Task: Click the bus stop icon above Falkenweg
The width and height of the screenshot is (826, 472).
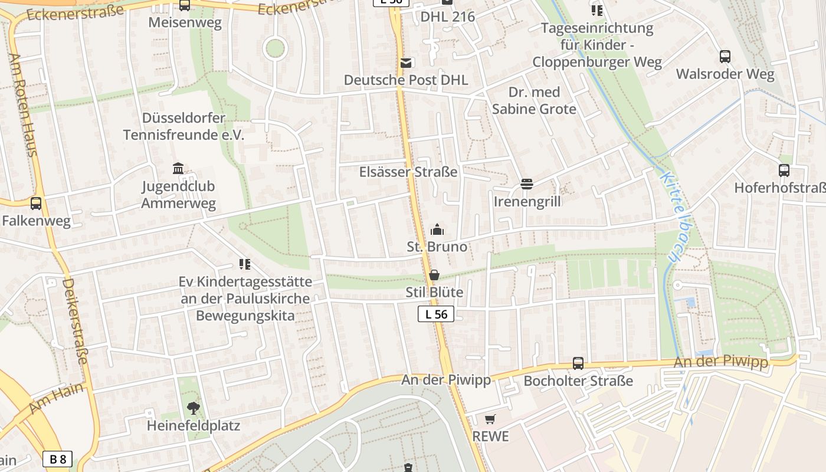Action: click(x=36, y=204)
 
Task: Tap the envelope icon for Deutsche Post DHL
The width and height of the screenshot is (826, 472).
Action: click(x=406, y=63)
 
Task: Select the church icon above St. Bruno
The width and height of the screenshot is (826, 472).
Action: click(x=437, y=230)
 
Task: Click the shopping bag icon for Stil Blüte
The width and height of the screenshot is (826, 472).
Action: click(x=434, y=275)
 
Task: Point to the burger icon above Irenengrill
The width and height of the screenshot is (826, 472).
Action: click(x=527, y=185)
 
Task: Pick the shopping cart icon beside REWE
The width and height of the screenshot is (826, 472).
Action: click(x=490, y=419)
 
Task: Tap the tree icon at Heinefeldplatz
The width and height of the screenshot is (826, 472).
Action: click(x=193, y=407)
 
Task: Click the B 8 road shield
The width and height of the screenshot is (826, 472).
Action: click(x=58, y=459)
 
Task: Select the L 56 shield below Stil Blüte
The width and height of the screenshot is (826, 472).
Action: click(x=436, y=314)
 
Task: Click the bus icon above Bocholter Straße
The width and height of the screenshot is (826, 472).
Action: click(x=578, y=363)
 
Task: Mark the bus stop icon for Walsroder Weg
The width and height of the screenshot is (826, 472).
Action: click(x=725, y=57)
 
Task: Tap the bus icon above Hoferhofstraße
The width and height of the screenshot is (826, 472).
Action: click(x=784, y=171)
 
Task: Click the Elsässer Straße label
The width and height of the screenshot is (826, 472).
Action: click(x=408, y=172)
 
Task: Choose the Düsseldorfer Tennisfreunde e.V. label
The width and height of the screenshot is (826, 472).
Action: click(x=183, y=126)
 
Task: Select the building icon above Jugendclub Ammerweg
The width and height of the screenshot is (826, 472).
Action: click(x=178, y=169)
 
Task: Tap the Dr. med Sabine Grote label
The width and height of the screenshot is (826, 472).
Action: click(x=534, y=100)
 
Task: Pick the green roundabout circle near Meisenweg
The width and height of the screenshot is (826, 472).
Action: click(x=275, y=48)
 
